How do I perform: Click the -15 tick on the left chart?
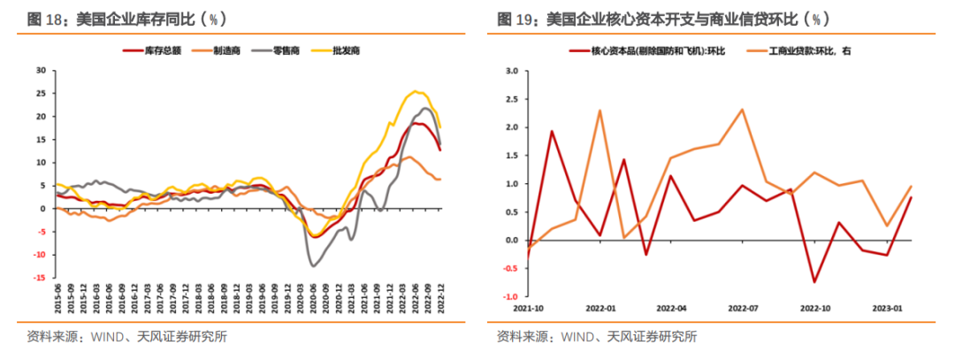(x=39, y=279)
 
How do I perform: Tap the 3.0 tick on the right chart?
(x=510, y=70)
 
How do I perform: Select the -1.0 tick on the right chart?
(x=508, y=296)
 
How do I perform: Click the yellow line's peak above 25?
(x=416, y=91)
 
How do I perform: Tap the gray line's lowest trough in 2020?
(x=313, y=265)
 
